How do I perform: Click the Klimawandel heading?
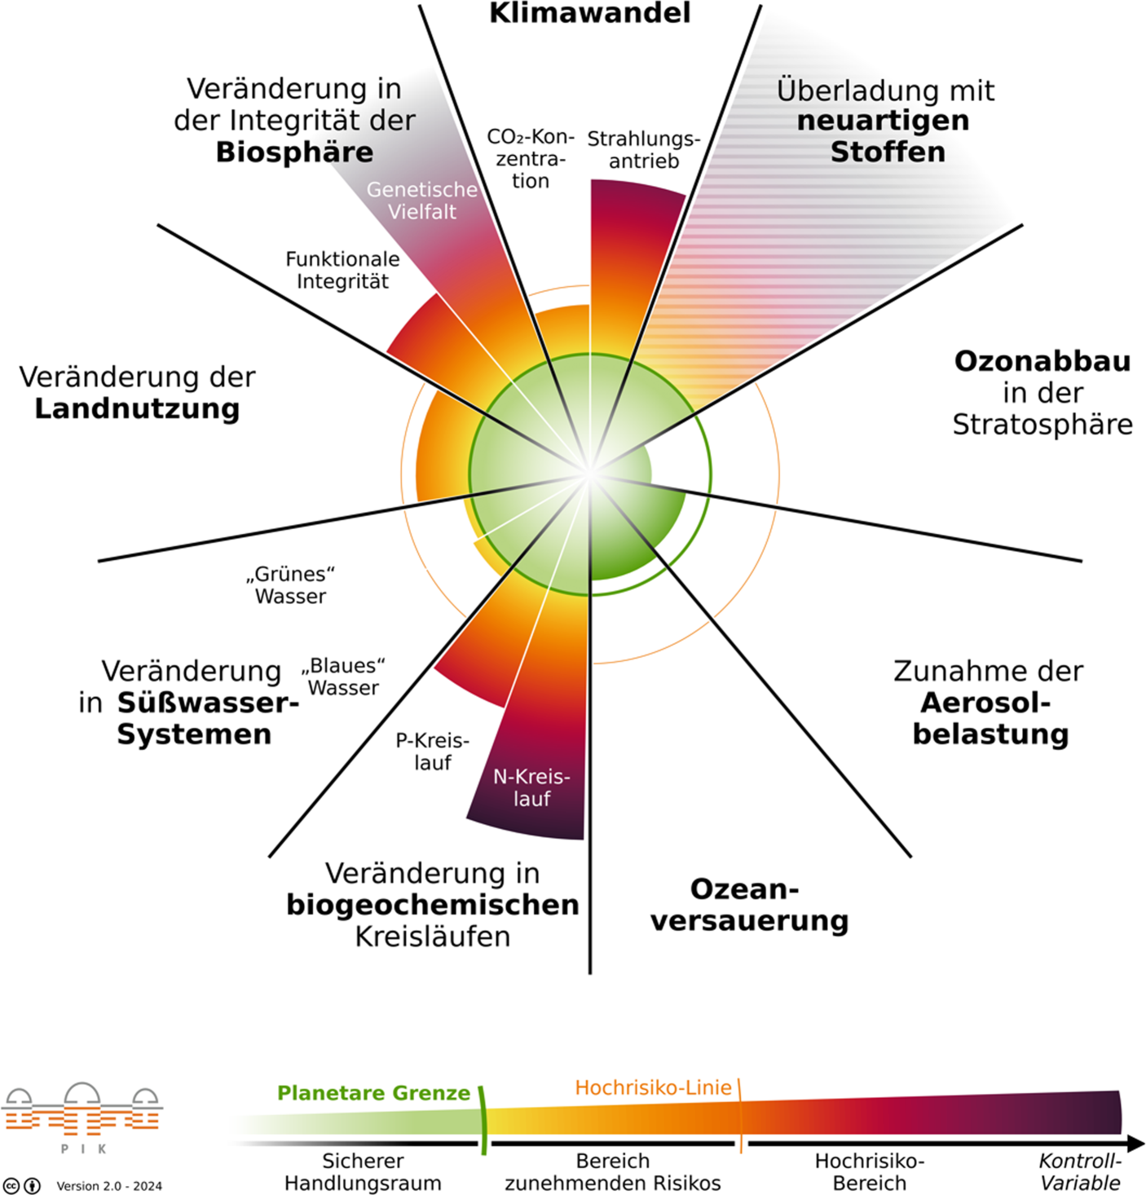pyautogui.click(x=589, y=13)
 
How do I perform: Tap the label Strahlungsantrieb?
pyautogui.click(x=643, y=150)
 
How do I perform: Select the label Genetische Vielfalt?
pyautogui.click(x=421, y=201)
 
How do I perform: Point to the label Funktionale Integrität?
pyautogui.click(x=342, y=270)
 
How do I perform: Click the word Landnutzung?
pyautogui.click(x=137, y=408)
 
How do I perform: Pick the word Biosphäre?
pyautogui.click(x=294, y=152)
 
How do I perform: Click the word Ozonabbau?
pyautogui.click(x=1042, y=361)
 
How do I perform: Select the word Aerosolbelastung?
pyautogui.click(x=990, y=718)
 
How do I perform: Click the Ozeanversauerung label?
pyautogui.click(x=748, y=905)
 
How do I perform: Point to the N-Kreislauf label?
pyautogui.click(x=531, y=787)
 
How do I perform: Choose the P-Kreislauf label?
pyautogui.click(x=432, y=752)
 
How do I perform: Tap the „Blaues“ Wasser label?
pyautogui.click(x=343, y=677)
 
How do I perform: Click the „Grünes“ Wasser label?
pyautogui.click(x=290, y=585)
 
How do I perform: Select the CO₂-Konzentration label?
pyautogui.click(x=530, y=158)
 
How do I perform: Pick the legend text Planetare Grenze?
pyautogui.click(x=373, y=1093)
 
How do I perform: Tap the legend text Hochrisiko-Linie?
pyautogui.click(x=653, y=1087)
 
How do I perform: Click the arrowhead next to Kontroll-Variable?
pyautogui.click(x=1135, y=1144)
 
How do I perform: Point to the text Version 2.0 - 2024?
pyautogui.click(x=109, y=1186)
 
